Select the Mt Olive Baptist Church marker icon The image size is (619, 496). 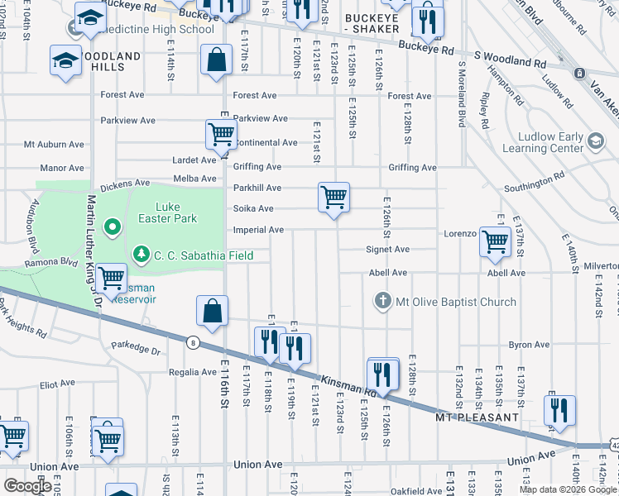tap(382, 302)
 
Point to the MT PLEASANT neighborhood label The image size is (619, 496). tap(477, 418)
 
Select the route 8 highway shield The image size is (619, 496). tap(193, 343)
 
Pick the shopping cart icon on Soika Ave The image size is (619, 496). tap(333, 198)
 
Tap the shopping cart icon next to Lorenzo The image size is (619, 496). tap(495, 241)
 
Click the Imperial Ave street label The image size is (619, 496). tap(259, 230)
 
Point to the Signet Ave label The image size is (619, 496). tap(388, 249)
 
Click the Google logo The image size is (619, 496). tap(27, 486)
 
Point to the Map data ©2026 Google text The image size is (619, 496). tap(569, 489)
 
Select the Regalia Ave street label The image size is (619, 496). tap(195, 373)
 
